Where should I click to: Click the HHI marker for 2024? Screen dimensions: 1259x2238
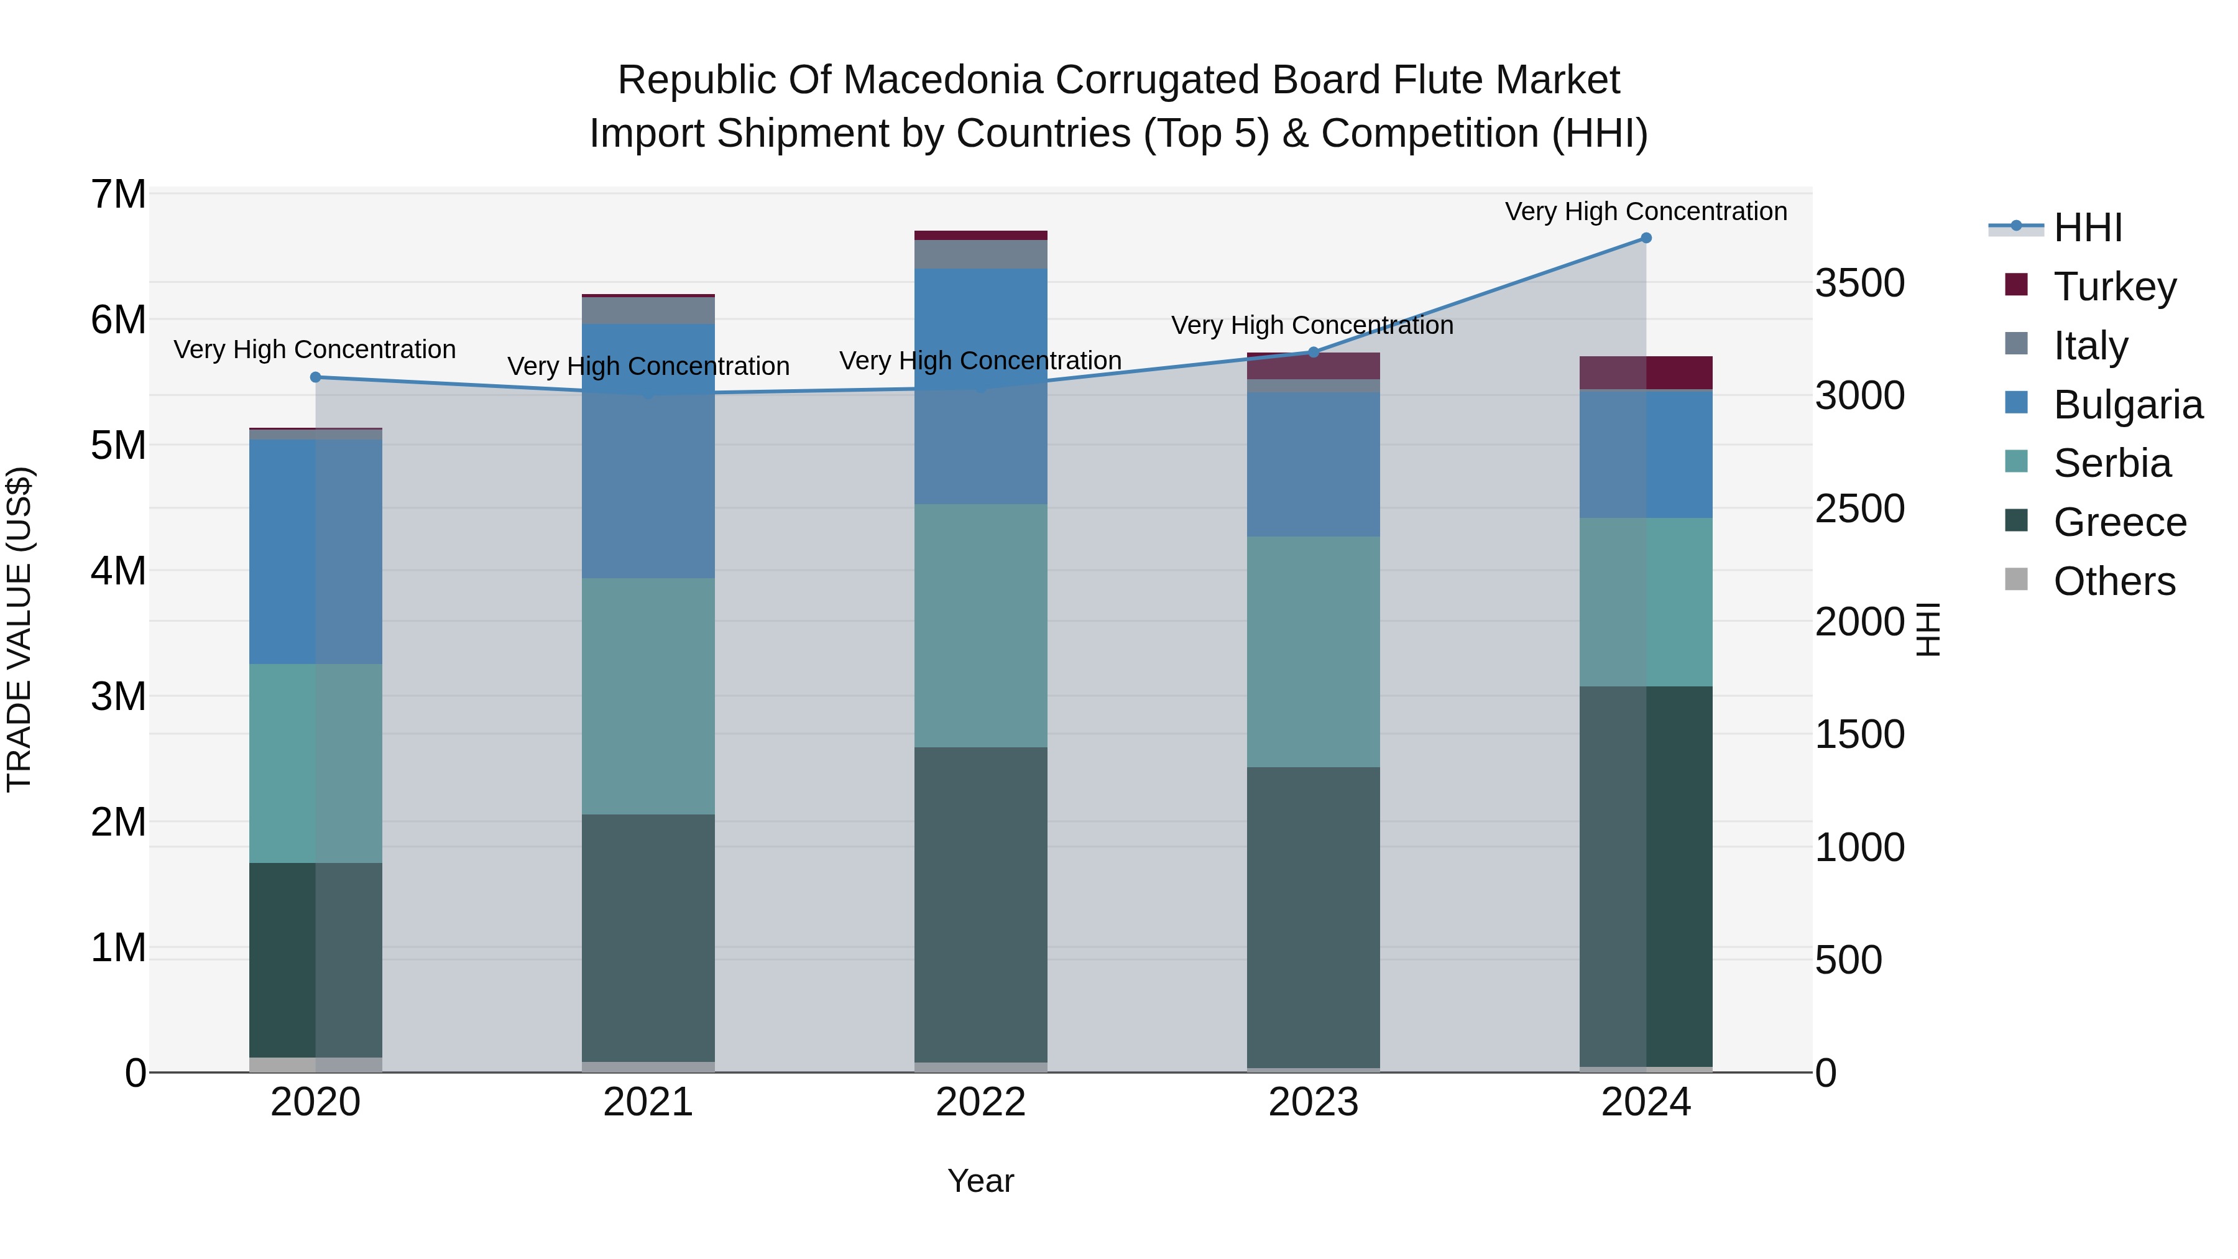click(1646, 238)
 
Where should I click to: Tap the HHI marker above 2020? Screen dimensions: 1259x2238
click(315, 377)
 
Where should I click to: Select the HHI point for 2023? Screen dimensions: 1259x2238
click(1313, 352)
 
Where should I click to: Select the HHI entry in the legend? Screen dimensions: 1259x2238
click(2087, 228)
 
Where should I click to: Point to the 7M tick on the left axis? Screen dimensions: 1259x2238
click(118, 194)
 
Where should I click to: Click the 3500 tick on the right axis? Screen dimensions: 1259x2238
click(1859, 284)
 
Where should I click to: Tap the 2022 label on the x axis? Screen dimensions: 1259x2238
click(980, 1102)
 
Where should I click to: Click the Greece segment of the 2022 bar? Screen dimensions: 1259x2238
click(980, 903)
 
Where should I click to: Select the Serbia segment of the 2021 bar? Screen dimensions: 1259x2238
click(648, 695)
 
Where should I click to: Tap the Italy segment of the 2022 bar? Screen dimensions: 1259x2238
click(980, 254)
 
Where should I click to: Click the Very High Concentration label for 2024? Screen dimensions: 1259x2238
click(1646, 211)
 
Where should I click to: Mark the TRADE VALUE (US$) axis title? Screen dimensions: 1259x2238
click(19, 629)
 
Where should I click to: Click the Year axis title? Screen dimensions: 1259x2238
click(980, 1181)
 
